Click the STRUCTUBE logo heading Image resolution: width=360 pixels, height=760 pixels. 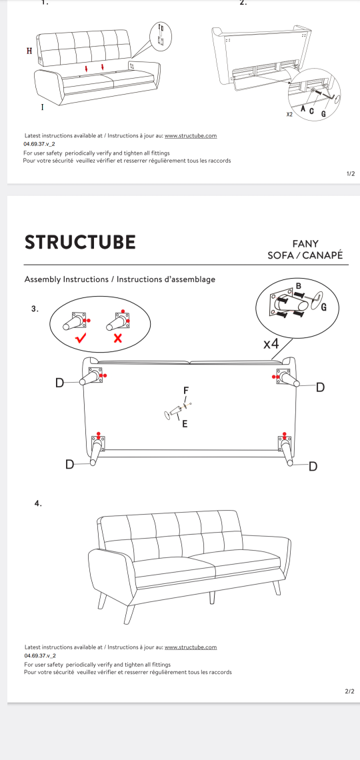[x=80, y=243]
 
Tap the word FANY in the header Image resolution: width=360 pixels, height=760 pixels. [x=305, y=244]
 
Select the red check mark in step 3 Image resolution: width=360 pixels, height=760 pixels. [x=81, y=338]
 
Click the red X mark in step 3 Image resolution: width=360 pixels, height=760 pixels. [x=117, y=338]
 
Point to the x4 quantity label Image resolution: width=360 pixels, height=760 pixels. [x=271, y=345]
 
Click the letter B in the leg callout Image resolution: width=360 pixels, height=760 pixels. [x=299, y=285]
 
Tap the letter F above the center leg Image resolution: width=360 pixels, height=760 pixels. [x=185, y=390]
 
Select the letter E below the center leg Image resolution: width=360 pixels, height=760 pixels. [x=185, y=424]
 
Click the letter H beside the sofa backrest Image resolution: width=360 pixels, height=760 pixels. [x=29, y=51]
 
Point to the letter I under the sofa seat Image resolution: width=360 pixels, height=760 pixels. [x=42, y=107]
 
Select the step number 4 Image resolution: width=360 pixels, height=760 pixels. [x=38, y=503]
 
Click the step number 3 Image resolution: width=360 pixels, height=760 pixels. [x=35, y=308]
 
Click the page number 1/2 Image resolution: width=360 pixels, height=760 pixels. [x=351, y=173]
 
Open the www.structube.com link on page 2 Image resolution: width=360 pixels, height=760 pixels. [x=191, y=647]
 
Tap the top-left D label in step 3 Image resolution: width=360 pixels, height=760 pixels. [x=59, y=383]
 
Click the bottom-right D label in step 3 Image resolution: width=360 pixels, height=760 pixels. [x=313, y=466]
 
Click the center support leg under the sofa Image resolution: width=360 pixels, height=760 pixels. [x=175, y=412]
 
